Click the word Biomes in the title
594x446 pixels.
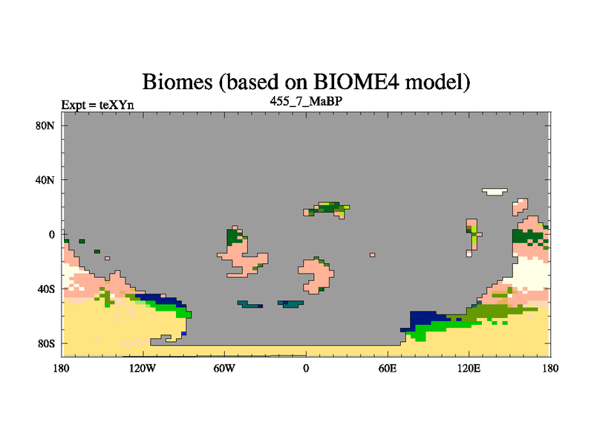[x=177, y=82]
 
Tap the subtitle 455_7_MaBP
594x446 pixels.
[x=306, y=101]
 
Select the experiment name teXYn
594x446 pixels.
[x=117, y=105]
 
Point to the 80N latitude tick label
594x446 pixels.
[x=45, y=126]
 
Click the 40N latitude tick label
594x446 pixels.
[x=45, y=180]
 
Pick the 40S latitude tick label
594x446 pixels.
[x=46, y=289]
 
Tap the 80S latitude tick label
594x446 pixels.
[x=46, y=343]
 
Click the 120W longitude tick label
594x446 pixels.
[x=143, y=368]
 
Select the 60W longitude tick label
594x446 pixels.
[x=224, y=368]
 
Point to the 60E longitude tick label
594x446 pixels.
[x=388, y=368]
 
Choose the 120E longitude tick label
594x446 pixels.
[x=469, y=368]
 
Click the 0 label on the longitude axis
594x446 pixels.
[x=306, y=368]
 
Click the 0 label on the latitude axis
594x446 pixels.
[x=51, y=235]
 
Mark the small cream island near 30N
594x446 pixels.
[x=495, y=192]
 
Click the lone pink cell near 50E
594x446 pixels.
[x=373, y=255]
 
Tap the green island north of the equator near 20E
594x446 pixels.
[x=327, y=210]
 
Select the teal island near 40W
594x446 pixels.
[x=250, y=304]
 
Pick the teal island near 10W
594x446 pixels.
[x=290, y=304]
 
